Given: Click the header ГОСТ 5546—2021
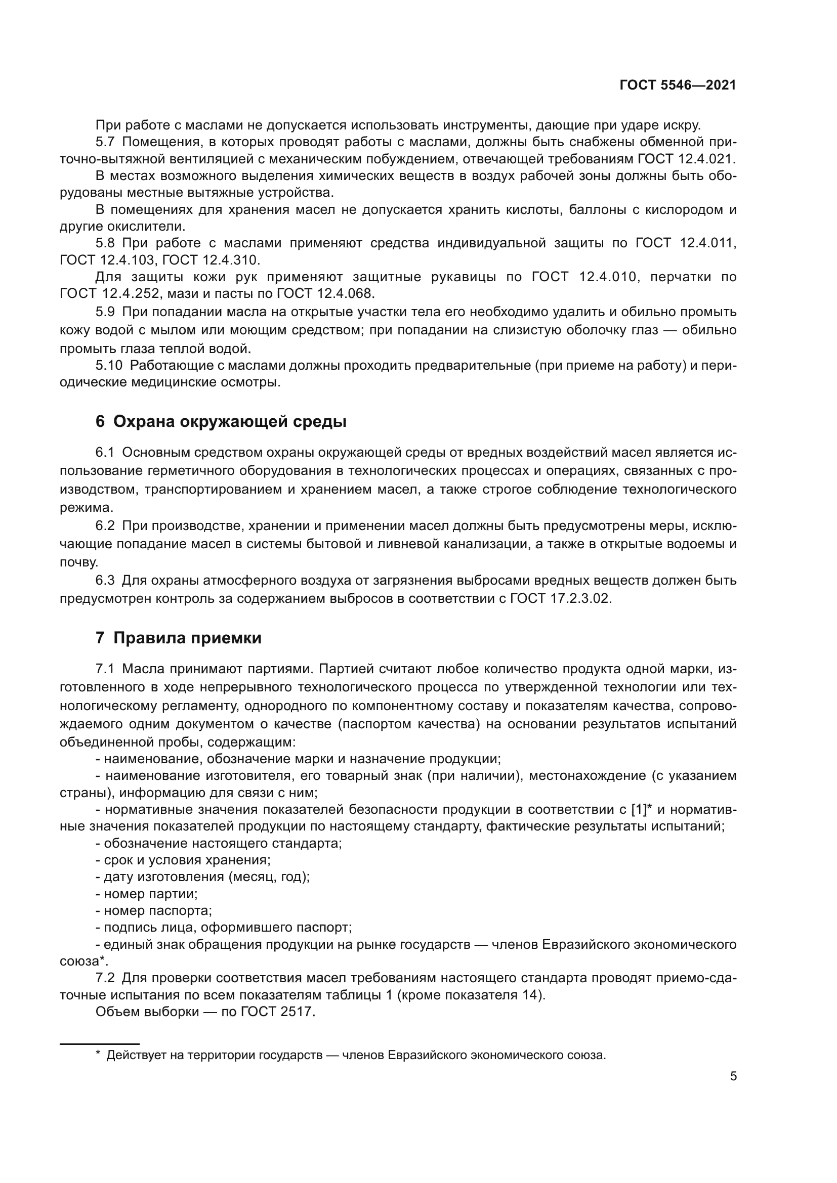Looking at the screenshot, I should (x=678, y=85).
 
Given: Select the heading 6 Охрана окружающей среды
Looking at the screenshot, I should (x=221, y=421).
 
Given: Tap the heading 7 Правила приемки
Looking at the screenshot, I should (x=178, y=637).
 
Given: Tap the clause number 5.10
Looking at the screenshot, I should (x=109, y=365).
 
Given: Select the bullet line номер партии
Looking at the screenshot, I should (x=147, y=894).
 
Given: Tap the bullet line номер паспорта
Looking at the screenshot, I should (x=154, y=911).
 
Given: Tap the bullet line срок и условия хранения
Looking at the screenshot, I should (x=184, y=860).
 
